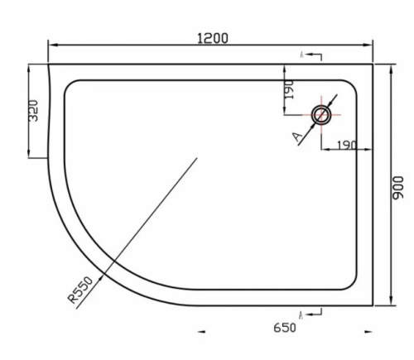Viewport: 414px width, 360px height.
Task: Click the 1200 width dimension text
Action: click(212, 37)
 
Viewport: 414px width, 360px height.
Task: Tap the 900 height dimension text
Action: click(398, 189)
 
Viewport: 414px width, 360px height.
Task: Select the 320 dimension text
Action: click(34, 111)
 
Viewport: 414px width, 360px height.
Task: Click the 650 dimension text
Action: click(283, 327)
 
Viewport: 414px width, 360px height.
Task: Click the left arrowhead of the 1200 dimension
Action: click(51, 46)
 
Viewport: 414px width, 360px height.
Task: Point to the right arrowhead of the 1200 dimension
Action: click(372, 46)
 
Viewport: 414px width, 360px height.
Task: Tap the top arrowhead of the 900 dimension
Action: click(390, 66)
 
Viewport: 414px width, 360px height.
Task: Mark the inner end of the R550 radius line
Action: click(197, 157)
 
